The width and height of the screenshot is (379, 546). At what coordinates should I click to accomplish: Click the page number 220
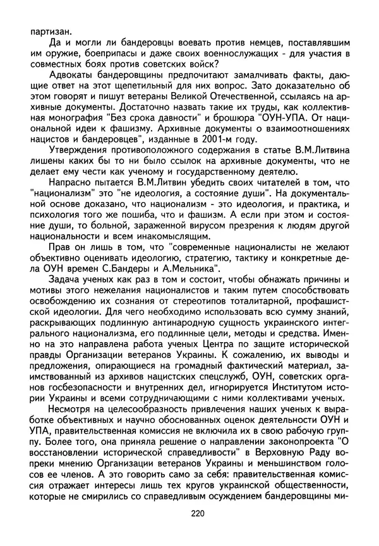(197, 530)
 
